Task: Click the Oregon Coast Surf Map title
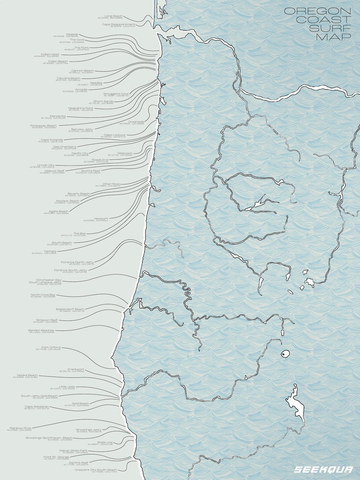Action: [x=317, y=24]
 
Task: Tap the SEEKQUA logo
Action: [x=323, y=470]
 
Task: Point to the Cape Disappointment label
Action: [x=118, y=24]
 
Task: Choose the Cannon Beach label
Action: [x=82, y=70]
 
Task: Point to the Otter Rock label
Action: [x=111, y=184]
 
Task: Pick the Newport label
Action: [x=101, y=219]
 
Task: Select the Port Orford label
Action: [x=51, y=348]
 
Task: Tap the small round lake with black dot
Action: [x=285, y=354]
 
